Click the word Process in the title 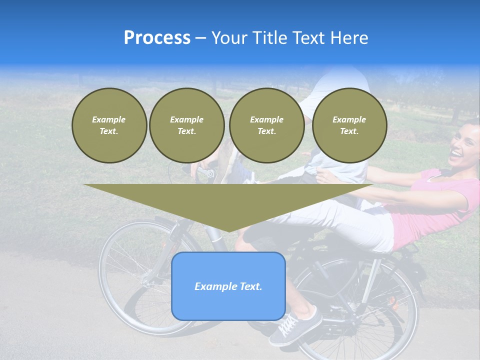[157, 37]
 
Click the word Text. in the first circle [109, 131]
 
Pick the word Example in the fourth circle [349, 119]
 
